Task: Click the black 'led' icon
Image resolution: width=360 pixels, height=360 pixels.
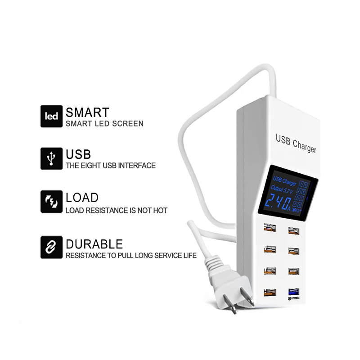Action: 51,116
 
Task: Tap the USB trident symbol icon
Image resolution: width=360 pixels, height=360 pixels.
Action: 51,158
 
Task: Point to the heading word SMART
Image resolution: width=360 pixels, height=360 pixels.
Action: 87,112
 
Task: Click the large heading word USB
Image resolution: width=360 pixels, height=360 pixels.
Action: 78,155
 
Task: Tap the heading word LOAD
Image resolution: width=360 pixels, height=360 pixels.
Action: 82,198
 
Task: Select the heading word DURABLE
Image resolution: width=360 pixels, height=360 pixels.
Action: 94,244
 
